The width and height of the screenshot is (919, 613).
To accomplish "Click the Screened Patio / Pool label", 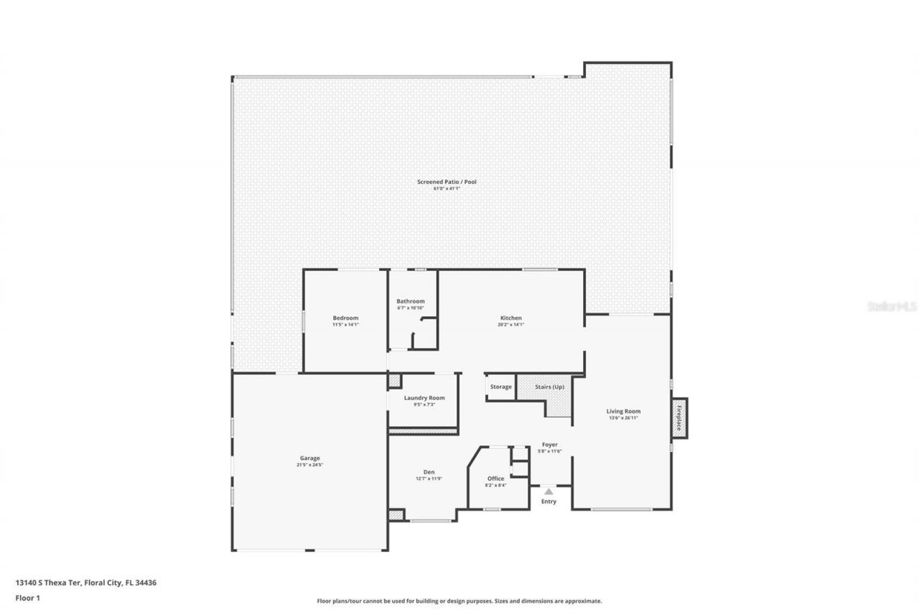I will tap(447, 182).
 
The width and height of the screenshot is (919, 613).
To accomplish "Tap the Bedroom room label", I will tap(345, 318).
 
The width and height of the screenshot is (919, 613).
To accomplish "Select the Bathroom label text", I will tap(411, 301).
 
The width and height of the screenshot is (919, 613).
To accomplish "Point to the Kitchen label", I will tap(511, 318).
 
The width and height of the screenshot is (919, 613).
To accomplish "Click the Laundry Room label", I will tap(424, 397).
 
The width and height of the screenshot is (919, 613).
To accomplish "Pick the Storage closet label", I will tap(501, 387).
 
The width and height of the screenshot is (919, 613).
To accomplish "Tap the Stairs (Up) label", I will tap(550, 387).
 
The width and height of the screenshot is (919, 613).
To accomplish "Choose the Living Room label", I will tap(623, 411).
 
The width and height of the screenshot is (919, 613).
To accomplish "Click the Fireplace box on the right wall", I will tap(679, 418).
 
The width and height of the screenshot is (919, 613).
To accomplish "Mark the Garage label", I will tap(310, 458).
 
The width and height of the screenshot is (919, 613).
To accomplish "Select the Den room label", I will tap(429, 471).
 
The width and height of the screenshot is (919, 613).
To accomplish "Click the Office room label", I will tap(495, 478).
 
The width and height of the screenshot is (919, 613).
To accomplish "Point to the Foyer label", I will tap(550, 445).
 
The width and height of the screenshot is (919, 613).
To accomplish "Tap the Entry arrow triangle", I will tap(549, 492).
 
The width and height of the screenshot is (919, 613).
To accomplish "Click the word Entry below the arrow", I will tap(549, 502).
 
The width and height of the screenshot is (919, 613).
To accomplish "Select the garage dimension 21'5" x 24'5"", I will tap(310, 465).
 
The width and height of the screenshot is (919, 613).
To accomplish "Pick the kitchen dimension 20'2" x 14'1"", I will tap(511, 324).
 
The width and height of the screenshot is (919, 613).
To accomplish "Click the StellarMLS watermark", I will tap(892, 306).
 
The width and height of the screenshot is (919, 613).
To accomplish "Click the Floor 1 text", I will tap(27, 597).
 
